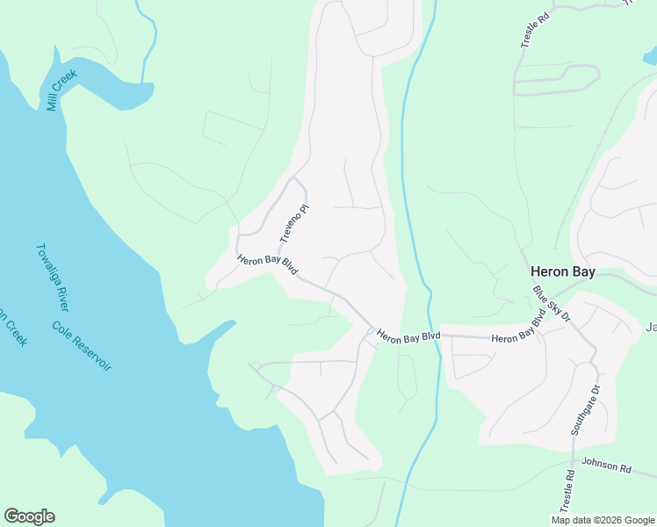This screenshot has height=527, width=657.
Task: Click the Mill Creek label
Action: click(x=61, y=90)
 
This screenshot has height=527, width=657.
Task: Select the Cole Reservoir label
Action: click(x=82, y=346)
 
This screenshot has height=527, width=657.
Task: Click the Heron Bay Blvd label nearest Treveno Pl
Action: click(x=266, y=267)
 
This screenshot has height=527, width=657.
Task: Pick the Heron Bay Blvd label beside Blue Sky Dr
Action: click(x=518, y=331)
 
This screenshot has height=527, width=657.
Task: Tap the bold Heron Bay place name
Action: click(x=562, y=272)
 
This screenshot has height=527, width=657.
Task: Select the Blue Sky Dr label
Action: click(x=552, y=304)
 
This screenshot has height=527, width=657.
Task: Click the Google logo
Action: click(x=29, y=516)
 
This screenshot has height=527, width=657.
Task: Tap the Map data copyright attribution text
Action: click(x=602, y=520)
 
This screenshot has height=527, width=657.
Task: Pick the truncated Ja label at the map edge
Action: click(x=651, y=328)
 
